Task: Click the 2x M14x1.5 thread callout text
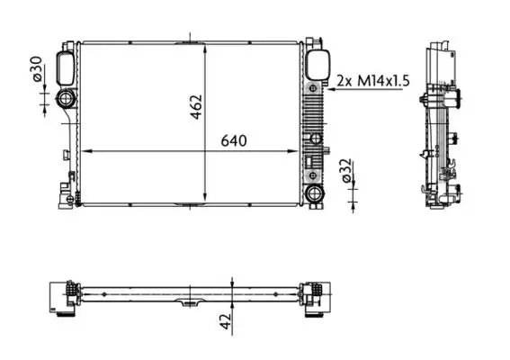point(372,81)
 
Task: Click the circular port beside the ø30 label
point(67,99)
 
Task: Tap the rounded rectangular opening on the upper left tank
point(67,66)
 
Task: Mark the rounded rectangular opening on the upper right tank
point(316,65)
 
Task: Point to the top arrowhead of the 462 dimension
point(208,45)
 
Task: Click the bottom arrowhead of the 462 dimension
point(208,201)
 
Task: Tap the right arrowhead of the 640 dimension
point(300,151)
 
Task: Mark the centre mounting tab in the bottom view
point(189,301)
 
